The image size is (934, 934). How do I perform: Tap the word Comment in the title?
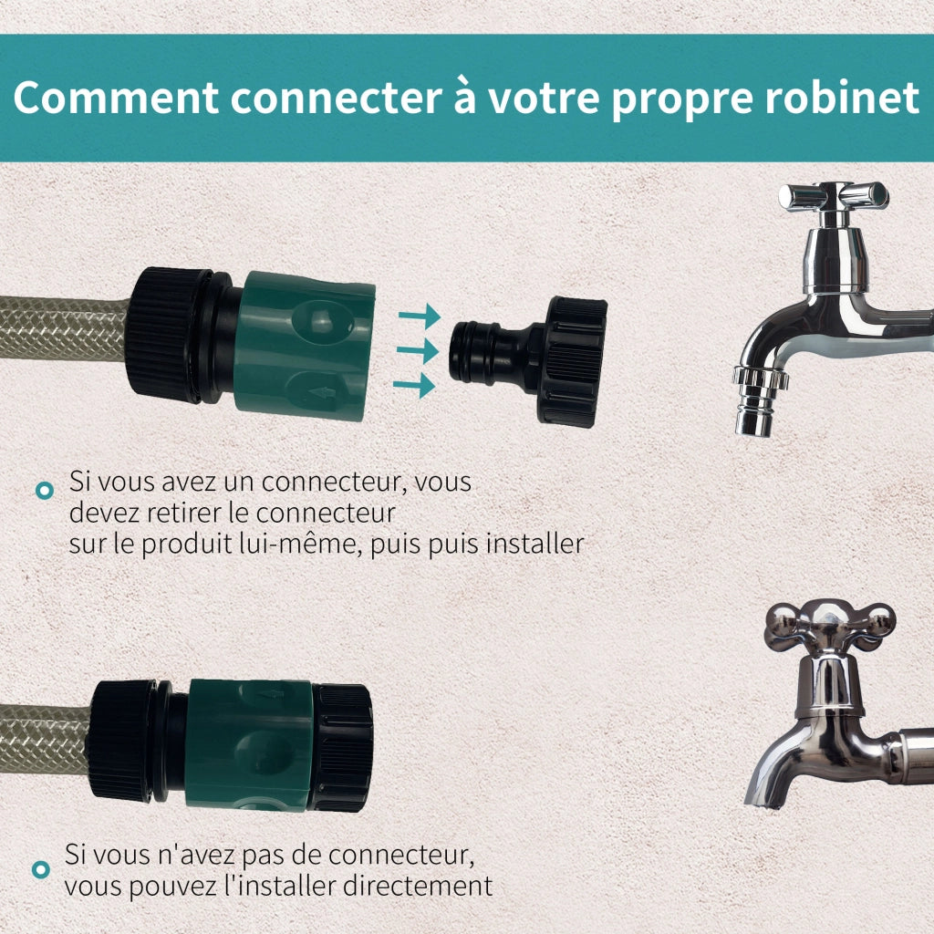[x=116, y=98]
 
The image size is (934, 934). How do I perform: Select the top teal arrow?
[x=420, y=316]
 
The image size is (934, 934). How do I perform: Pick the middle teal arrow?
[x=418, y=350]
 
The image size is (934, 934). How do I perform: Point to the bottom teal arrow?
[x=414, y=386]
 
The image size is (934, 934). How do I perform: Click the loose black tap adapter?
[x=528, y=361]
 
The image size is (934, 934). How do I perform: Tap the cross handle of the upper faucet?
[x=834, y=197]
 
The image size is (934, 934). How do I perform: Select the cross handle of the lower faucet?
[x=829, y=627]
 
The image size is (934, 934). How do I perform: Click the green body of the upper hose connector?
[x=305, y=346]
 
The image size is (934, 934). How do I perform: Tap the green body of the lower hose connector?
[x=250, y=744]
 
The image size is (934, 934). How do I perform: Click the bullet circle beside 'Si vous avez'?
[x=45, y=490]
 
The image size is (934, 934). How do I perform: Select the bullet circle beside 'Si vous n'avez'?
[x=40, y=869]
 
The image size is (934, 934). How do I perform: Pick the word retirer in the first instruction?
[x=188, y=513]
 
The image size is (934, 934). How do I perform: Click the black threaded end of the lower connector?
[x=343, y=747]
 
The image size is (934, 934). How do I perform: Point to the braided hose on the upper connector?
[x=63, y=328]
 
